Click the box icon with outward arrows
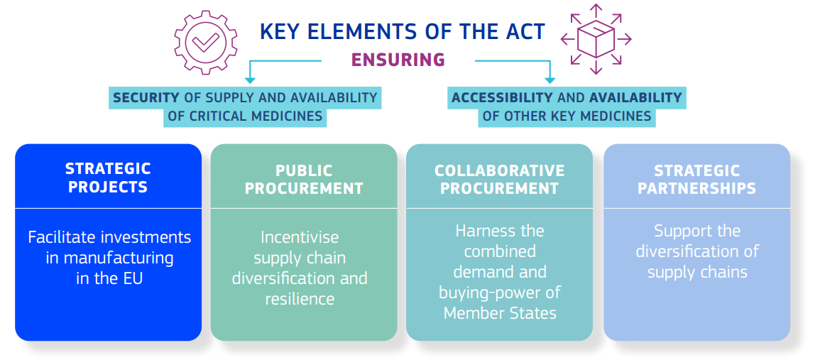coord(596,38)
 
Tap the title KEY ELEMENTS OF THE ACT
coord(403,33)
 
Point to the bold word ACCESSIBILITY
coord(502,98)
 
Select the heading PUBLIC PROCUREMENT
coord(304,180)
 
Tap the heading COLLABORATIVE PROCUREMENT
coord(499,180)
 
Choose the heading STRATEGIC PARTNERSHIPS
coord(696,180)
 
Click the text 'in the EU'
coord(109,278)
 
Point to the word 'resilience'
coord(300,299)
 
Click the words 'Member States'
coord(499,313)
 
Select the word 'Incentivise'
coord(300,237)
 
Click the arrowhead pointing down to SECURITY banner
coord(250,80)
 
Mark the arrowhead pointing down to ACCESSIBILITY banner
coord(549,80)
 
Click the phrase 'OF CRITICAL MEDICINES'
coord(245,116)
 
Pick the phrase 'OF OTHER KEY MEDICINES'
coord(567,116)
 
